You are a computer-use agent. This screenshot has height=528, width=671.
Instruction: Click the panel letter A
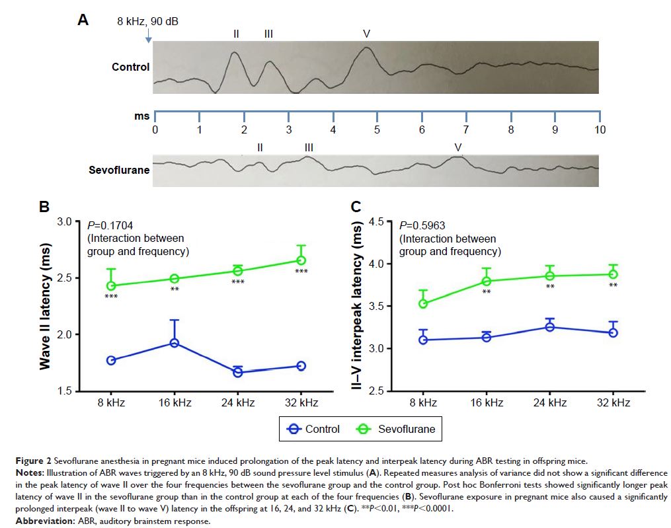pos(83,20)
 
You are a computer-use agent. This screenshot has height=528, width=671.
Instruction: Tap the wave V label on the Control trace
pos(366,32)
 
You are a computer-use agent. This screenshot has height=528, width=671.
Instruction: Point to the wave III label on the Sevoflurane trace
pos(309,147)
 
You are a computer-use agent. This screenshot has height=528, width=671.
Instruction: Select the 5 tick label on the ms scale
pos(377,130)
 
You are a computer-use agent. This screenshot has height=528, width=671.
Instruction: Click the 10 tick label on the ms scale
pos(599,130)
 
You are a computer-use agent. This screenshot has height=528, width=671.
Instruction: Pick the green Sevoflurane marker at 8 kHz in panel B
pos(111,285)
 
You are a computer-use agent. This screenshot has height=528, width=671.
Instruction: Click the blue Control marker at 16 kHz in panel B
pos(175,343)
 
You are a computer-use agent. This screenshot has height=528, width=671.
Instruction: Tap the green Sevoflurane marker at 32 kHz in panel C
pos(613,274)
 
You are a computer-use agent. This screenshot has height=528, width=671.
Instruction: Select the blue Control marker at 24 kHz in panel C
pos(549,327)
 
